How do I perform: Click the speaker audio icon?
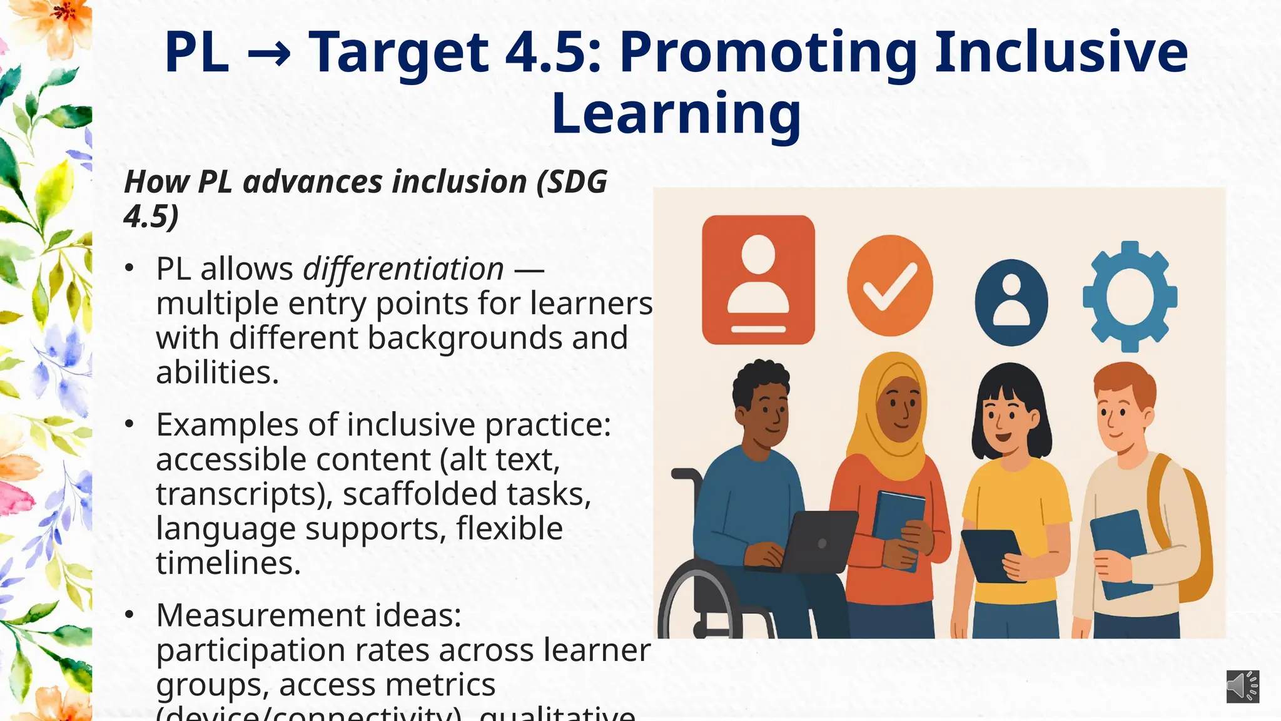pyautogui.click(x=1242, y=686)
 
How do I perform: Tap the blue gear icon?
pyautogui.click(x=1130, y=297)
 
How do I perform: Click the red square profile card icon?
pyautogui.click(x=758, y=280)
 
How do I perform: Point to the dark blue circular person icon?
pyautogui.click(x=1011, y=303)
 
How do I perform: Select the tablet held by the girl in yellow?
pyautogui.click(x=991, y=555)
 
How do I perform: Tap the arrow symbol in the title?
pyautogui.click(x=269, y=54)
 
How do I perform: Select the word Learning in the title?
pyautogui.click(x=676, y=113)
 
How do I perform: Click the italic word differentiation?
pyautogui.click(x=403, y=269)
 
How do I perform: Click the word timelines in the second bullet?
pyautogui.click(x=228, y=563)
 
